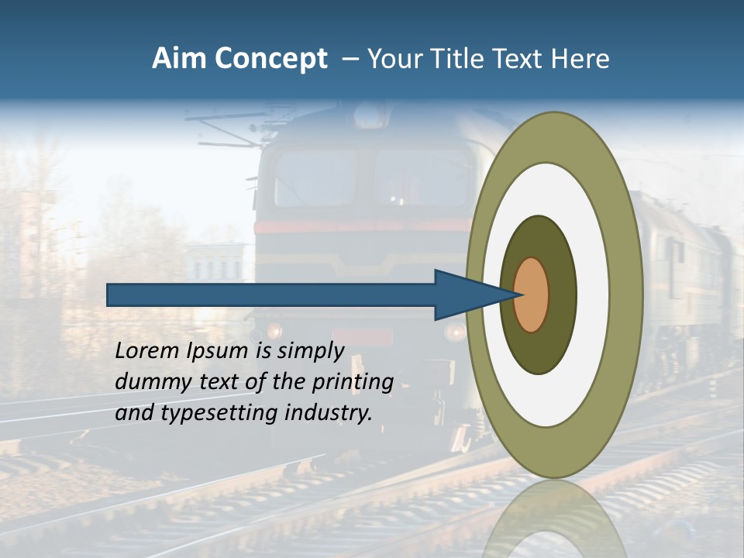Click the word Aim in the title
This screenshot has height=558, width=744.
[x=178, y=59]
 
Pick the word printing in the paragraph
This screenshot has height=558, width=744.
[x=352, y=382]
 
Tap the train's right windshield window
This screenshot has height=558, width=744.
[x=423, y=178]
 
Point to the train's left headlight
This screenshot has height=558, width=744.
[x=274, y=331]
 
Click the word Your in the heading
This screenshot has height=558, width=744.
[x=391, y=59]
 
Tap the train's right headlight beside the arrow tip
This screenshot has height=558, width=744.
[x=456, y=332]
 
